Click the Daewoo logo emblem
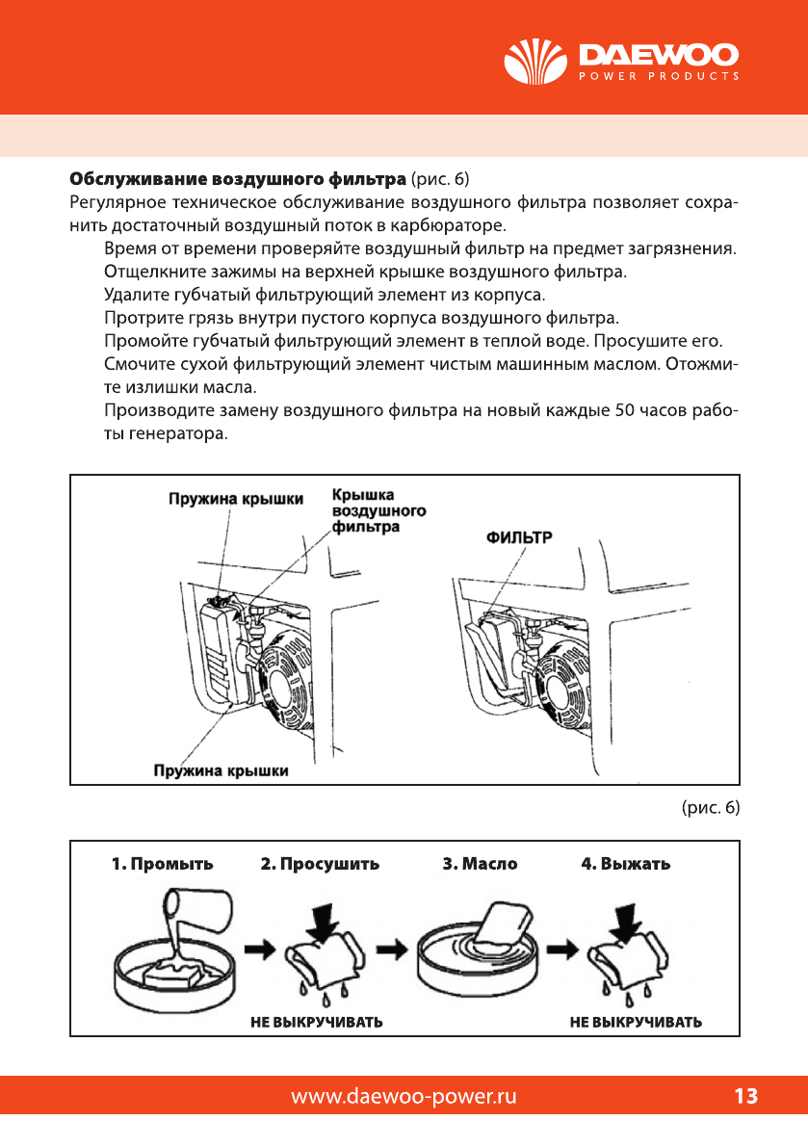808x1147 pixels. pyautogui.click(x=536, y=64)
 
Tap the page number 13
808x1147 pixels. pyautogui.click(x=745, y=1096)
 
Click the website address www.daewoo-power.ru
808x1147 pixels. pyautogui.click(x=404, y=1096)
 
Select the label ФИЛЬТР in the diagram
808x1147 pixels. pyautogui.click(x=518, y=537)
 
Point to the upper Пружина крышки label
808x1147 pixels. pyautogui.click(x=236, y=499)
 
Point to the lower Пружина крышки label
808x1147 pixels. pyautogui.click(x=222, y=770)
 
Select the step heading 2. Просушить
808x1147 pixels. pyautogui.click(x=320, y=864)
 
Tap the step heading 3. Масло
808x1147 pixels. pyautogui.click(x=480, y=864)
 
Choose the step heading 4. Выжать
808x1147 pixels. pyautogui.click(x=626, y=864)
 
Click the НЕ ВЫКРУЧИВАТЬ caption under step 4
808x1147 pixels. pyautogui.click(x=636, y=1022)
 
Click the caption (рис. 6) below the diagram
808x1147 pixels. pyautogui.click(x=710, y=807)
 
